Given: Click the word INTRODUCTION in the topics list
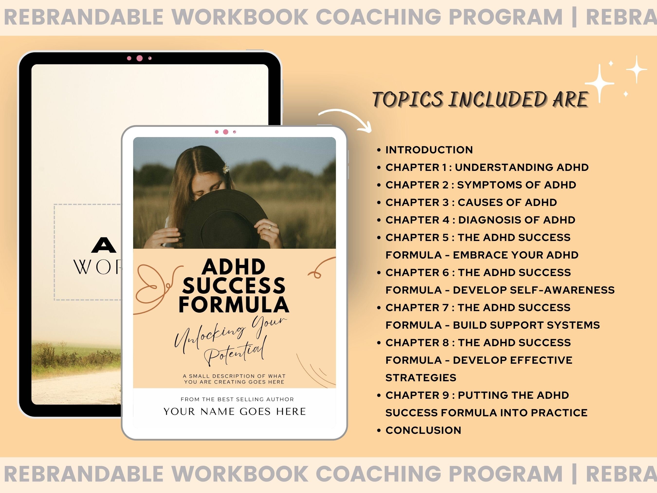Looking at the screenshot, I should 429,150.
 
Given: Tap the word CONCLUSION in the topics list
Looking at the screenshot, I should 423,430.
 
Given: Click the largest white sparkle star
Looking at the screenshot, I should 600,84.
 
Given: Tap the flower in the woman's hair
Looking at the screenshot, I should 226,168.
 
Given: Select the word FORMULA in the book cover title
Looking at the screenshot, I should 234,305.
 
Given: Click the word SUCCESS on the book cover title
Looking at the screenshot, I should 234,286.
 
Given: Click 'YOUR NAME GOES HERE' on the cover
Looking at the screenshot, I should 235,412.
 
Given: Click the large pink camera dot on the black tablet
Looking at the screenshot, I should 139,58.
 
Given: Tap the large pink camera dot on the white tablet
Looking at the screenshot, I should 226,132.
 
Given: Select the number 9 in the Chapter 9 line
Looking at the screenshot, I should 446,395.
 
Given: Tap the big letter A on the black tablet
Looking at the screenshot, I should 104,245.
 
